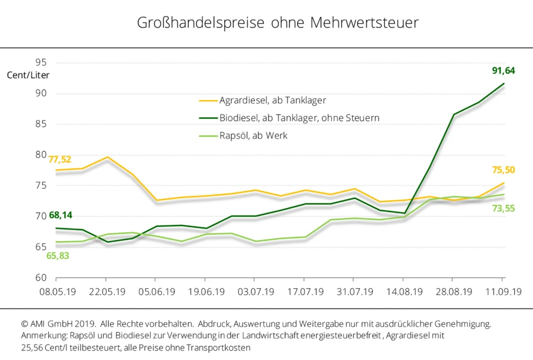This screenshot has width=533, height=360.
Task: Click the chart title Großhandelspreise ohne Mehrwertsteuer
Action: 278,23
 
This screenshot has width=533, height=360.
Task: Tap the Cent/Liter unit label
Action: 28,75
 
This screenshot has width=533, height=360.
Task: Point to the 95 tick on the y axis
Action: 42,63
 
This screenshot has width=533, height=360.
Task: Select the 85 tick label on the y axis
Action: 42,124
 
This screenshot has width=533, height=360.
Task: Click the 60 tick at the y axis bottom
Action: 42,277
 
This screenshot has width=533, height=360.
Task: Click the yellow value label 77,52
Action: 60,159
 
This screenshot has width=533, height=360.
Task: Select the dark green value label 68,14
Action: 60,216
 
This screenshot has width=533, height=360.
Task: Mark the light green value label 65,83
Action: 59,255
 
